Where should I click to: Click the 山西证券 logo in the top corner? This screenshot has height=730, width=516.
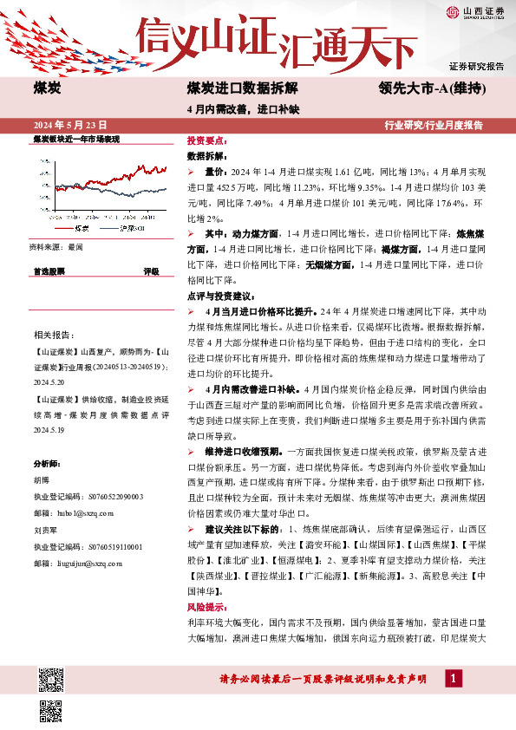474,12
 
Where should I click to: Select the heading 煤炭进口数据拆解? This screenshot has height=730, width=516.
242,89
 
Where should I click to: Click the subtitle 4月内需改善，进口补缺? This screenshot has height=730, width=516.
230,109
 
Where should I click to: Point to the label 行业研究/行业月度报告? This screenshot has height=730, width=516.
434,125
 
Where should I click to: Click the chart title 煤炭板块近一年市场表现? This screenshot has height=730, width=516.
75,139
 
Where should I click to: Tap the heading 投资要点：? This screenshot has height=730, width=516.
207,140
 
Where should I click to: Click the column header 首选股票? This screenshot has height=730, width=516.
49,271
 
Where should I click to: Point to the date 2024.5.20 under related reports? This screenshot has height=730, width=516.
51,379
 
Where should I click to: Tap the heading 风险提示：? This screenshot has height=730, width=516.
207,608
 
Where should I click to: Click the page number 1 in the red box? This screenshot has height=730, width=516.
451,678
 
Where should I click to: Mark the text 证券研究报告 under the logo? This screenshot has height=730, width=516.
476,66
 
